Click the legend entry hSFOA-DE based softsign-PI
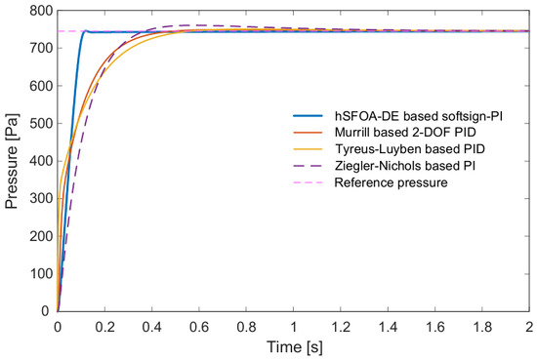point(419,116)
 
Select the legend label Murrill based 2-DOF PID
point(405,132)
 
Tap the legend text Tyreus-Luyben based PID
point(410,149)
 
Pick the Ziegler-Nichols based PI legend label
point(405,166)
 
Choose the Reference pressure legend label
point(391,182)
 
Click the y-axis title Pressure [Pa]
point(12,161)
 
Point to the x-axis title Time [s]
point(295,347)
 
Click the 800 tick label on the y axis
point(41,11)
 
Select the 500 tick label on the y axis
point(41,123)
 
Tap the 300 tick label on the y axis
point(41,198)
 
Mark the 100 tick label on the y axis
point(41,274)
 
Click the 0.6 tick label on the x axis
point(199,327)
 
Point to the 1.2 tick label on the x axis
point(341,327)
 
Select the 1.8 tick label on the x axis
point(482,327)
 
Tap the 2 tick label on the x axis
point(529,327)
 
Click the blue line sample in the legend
point(309,116)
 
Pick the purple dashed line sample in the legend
point(309,166)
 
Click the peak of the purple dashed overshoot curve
point(191,25)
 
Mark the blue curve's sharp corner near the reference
point(86,30)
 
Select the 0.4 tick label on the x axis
point(151,327)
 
